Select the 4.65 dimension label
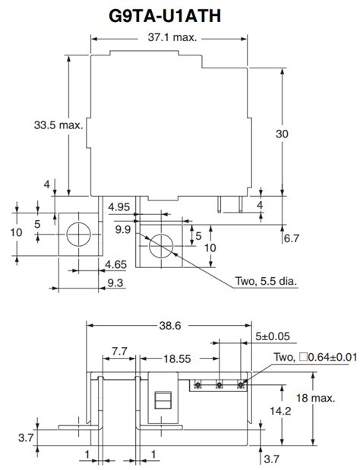115,265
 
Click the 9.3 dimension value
115,282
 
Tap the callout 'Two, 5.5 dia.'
267,281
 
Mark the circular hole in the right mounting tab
160,247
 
